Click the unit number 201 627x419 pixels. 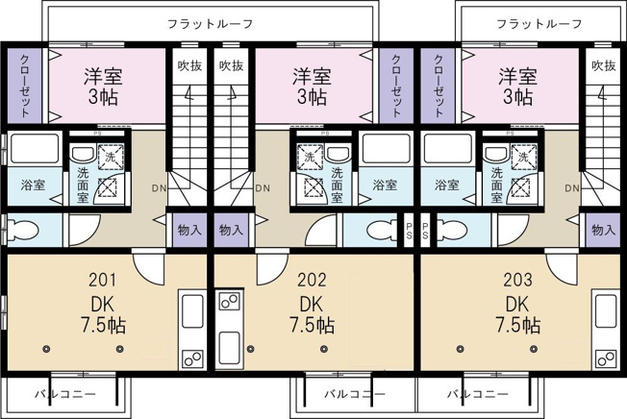tap(102, 280)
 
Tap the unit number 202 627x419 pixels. tap(312, 280)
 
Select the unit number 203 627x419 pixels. tap(517, 280)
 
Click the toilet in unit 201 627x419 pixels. tap(24, 230)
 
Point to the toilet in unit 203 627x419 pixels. tap(452, 230)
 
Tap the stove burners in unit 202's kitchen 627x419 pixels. tap(230, 301)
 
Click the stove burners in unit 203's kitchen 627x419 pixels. tap(606, 358)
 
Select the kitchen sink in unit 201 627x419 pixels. tap(192, 311)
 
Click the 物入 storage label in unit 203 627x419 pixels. tap(603, 230)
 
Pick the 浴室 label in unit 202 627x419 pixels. tap(385, 185)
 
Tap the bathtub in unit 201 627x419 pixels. tap(35, 149)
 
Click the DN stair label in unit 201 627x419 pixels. tap(159, 188)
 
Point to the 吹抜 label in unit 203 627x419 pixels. tap(603, 65)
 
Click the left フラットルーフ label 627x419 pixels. tap(210, 24)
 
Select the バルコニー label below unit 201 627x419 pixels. tap(65, 394)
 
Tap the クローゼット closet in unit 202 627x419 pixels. tap(396, 86)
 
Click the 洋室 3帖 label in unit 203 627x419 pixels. tap(517, 86)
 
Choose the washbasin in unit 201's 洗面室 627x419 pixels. tap(83, 154)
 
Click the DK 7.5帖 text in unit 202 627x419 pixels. tap(312, 315)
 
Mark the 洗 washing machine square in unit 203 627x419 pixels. tap(523, 157)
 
